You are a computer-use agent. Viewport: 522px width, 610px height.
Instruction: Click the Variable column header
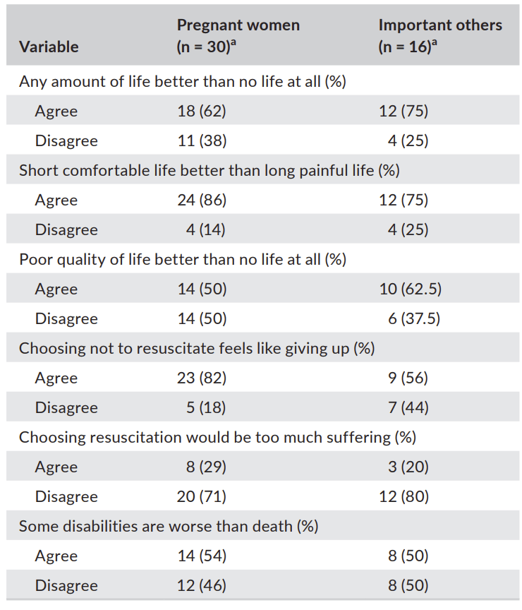point(49,47)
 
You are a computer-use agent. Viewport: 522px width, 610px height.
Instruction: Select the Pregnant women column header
point(238,35)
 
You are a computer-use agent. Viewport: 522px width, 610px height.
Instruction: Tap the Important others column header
point(440,35)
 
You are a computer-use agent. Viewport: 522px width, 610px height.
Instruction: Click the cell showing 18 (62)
point(202,111)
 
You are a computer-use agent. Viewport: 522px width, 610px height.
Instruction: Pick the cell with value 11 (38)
point(202,140)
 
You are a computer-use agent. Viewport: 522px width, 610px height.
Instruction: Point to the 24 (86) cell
point(202,200)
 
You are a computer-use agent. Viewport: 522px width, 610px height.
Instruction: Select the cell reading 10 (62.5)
point(410,289)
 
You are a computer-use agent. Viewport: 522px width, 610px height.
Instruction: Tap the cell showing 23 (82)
point(202,378)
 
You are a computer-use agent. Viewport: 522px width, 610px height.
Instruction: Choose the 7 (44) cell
point(408,407)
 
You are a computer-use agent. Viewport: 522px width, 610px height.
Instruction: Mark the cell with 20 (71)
point(202,496)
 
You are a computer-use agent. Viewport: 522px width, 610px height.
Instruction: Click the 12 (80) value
point(403,496)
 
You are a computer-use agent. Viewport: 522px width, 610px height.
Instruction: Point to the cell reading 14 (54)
point(202,556)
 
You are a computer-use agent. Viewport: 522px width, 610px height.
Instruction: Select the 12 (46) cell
point(202,585)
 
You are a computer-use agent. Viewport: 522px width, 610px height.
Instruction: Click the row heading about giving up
point(196,348)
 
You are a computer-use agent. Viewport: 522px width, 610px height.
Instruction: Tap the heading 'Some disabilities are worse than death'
point(168,526)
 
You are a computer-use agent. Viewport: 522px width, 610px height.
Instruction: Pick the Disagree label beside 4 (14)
point(66,229)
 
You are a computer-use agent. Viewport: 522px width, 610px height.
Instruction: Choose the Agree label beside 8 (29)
point(56,467)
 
